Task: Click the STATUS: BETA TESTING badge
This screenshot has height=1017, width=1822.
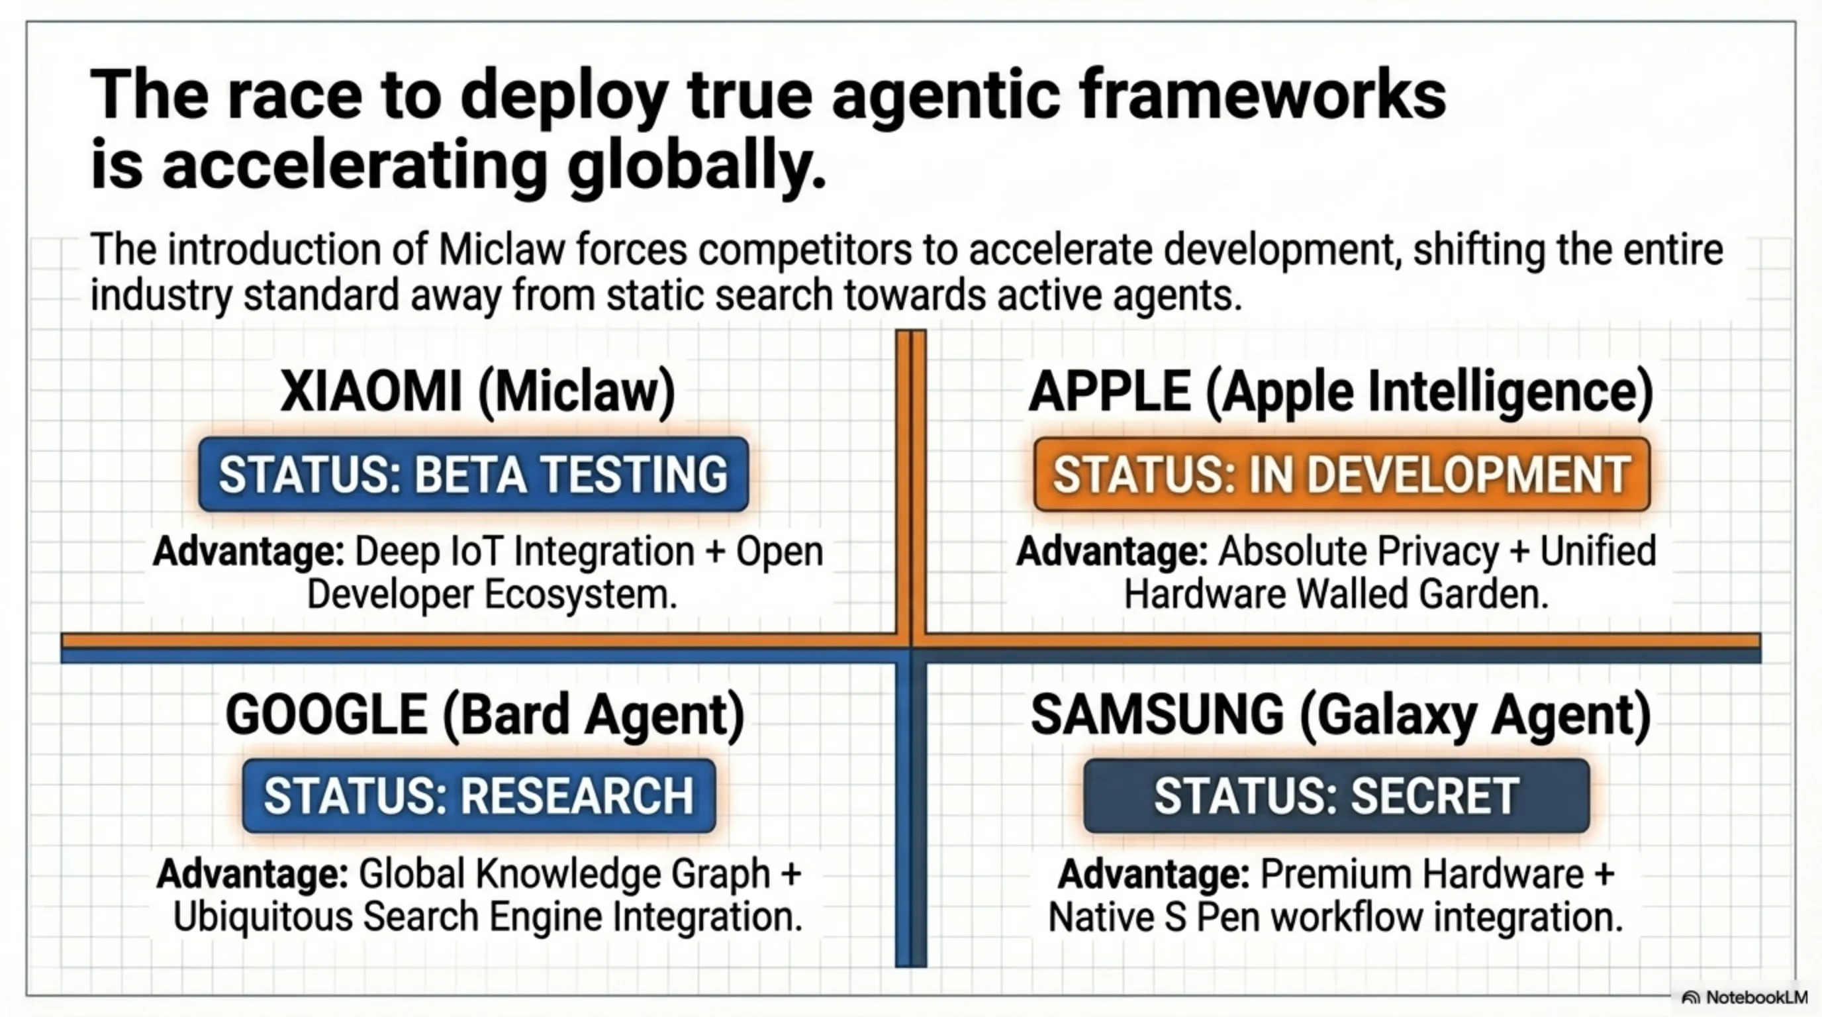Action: coord(473,474)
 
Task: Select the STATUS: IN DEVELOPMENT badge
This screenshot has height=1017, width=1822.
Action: coord(1342,474)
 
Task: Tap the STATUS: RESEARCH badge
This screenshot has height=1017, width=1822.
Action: coord(479,796)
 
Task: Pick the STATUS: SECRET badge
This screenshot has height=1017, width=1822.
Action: coord(1337,796)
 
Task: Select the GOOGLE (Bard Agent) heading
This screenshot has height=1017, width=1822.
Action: coord(485,715)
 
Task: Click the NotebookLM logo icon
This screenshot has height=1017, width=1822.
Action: coord(1690,998)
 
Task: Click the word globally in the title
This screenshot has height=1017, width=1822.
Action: coord(696,167)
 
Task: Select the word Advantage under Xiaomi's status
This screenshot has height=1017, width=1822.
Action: coord(248,552)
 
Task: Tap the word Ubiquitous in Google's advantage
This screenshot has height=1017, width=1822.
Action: coord(265,916)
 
